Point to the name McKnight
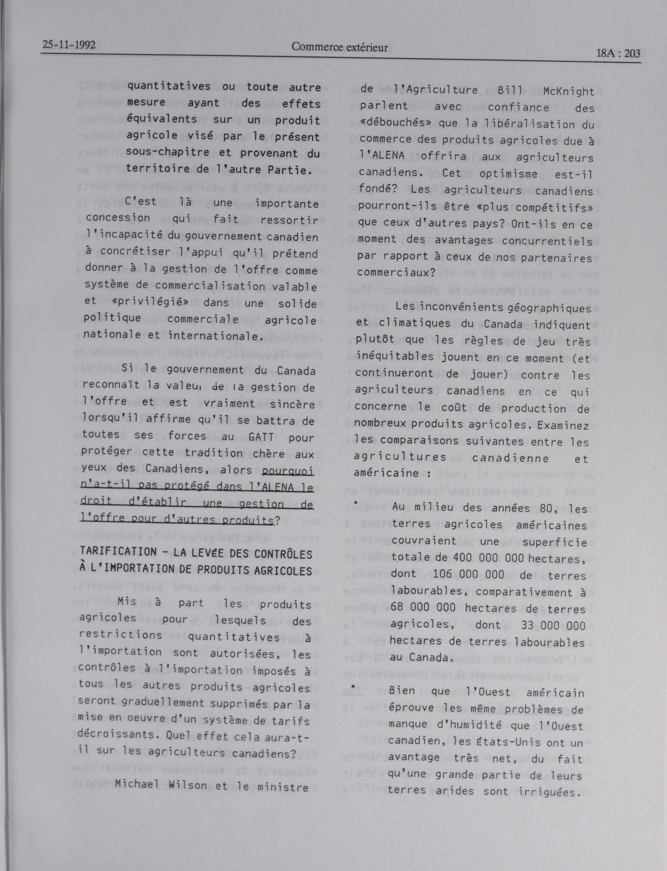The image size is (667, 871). point(569,92)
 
